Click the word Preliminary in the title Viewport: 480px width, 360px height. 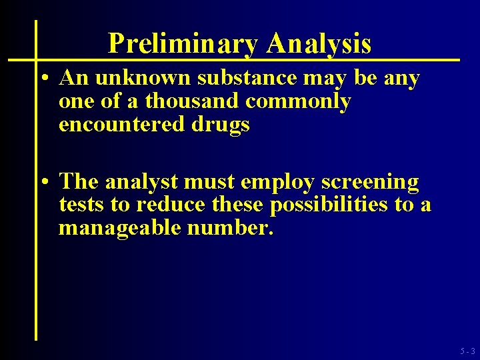point(182,44)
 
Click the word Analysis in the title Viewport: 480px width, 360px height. point(318,44)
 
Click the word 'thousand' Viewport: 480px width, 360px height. point(193,101)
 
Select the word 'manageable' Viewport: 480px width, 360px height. point(120,229)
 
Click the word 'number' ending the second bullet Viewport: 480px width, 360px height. point(227,228)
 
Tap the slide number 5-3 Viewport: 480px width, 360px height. point(467,351)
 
